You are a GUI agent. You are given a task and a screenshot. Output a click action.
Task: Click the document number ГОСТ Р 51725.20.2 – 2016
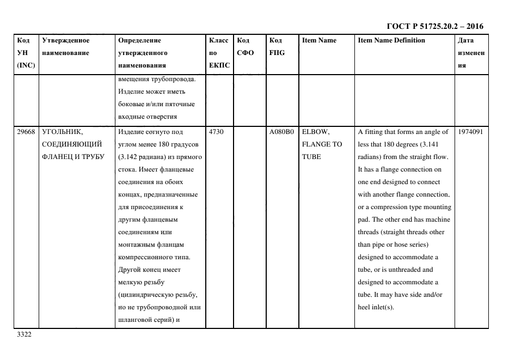[434, 26]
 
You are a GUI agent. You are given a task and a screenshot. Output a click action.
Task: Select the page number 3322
[24, 334]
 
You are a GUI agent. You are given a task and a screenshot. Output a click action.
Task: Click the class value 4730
[216, 132]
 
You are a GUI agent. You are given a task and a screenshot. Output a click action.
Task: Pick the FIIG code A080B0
[281, 132]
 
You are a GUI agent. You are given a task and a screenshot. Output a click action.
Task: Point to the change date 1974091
[471, 132]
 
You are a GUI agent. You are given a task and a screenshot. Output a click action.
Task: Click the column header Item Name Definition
[391, 40]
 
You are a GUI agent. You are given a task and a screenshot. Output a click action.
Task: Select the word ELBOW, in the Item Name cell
[316, 132]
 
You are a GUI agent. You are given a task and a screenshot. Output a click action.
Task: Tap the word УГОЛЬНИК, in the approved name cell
[62, 132]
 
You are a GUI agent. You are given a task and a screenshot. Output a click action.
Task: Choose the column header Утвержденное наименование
[65, 46]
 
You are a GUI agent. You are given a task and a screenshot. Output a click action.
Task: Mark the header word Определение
[139, 40]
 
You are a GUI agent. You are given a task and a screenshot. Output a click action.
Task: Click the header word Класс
[218, 40]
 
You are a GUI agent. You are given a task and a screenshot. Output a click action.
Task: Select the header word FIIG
[277, 53]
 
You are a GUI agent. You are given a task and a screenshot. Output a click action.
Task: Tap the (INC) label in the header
[26, 65]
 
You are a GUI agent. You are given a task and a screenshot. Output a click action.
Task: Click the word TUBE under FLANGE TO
[311, 157]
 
